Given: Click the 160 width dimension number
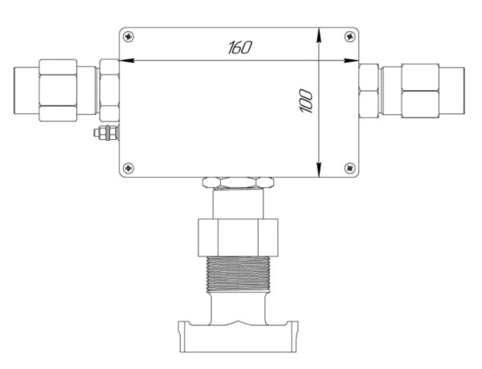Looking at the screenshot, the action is (240, 47).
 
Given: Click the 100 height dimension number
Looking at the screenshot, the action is (306, 101).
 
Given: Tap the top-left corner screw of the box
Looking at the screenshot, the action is (129, 37).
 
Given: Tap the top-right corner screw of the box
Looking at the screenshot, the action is (349, 37).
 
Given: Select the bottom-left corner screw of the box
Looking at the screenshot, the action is (129, 168).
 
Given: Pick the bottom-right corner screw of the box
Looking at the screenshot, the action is (349, 168).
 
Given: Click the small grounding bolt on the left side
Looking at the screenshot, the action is (106, 133).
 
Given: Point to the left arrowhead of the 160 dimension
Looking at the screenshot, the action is (127, 60).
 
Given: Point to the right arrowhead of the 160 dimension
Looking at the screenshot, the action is (351, 60).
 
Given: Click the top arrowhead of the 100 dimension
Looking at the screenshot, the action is (320, 35).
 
